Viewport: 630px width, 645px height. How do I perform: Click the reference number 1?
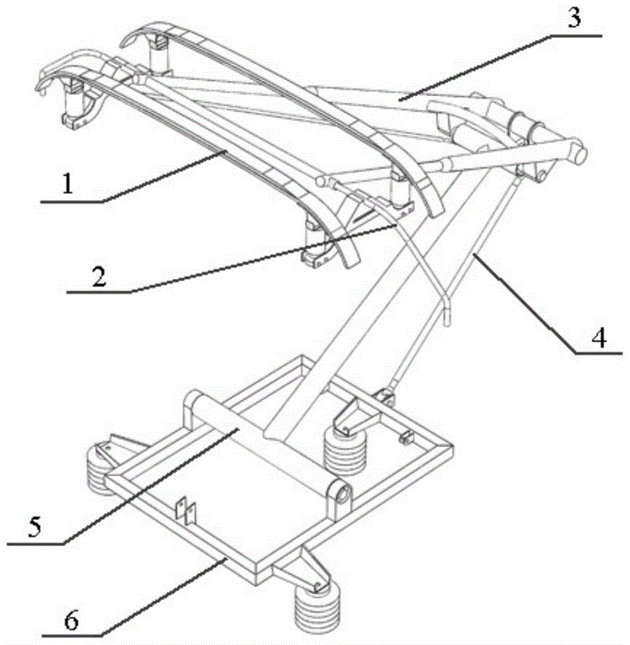[68, 184]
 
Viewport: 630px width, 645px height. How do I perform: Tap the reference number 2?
[99, 277]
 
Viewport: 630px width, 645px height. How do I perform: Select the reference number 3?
[574, 17]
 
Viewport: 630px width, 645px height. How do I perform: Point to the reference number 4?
[599, 338]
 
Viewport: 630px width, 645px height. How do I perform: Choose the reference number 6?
[72, 620]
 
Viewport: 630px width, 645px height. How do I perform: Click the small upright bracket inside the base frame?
[186, 511]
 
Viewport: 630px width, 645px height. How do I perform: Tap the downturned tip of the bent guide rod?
[448, 313]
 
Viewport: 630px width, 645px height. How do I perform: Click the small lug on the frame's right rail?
[405, 438]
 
